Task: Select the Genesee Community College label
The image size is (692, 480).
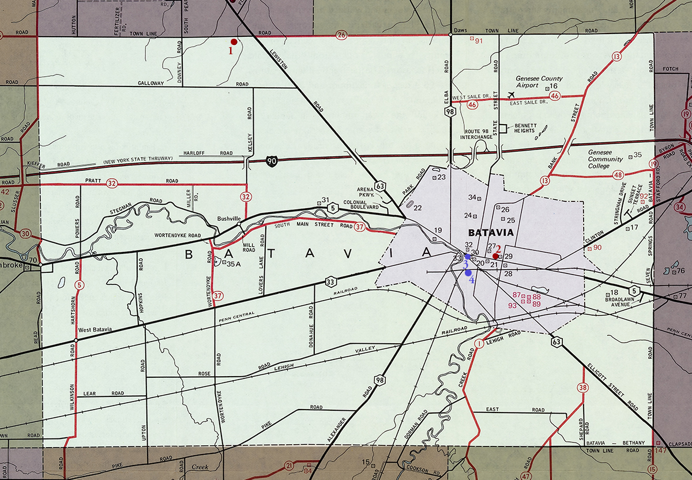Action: point(605,159)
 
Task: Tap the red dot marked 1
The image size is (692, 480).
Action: point(234,42)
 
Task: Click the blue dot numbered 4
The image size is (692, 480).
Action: point(468,273)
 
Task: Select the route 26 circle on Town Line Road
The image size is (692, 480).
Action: point(341,36)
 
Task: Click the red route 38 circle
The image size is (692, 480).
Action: point(583,387)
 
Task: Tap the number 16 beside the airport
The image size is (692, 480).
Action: point(554,87)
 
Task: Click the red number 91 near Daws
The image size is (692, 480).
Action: point(478,40)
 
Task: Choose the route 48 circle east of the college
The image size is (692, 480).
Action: point(619,175)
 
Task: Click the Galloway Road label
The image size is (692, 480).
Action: point(151,84)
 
